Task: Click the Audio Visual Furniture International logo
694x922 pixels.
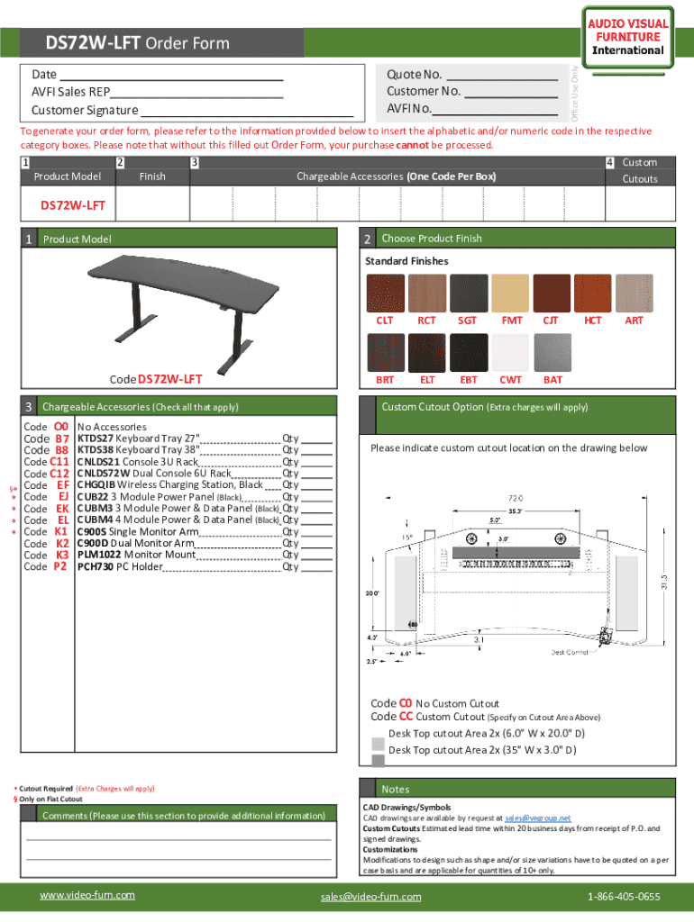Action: coord(629,37)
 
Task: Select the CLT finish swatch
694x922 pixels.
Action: coord(385,293)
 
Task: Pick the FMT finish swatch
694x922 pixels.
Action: coord(512,293)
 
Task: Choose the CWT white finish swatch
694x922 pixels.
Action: coord(511,352)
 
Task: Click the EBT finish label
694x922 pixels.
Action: coord(469,380)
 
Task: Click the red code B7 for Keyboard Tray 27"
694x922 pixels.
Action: coord(62,438)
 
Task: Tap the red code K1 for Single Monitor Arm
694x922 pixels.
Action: coord(62,532)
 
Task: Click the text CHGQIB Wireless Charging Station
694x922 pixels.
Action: coord(169,485)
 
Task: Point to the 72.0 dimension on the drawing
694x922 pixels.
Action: coord(516,498)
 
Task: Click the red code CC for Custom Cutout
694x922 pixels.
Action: coord(406,718)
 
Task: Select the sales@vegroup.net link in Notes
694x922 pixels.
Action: coord(537,818)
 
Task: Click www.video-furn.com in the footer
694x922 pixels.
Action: coord(87,895)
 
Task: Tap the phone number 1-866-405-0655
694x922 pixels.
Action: coord(624,897)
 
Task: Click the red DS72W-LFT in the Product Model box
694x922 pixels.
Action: coord(73,205)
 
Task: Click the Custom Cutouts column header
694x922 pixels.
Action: coord(640,170)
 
